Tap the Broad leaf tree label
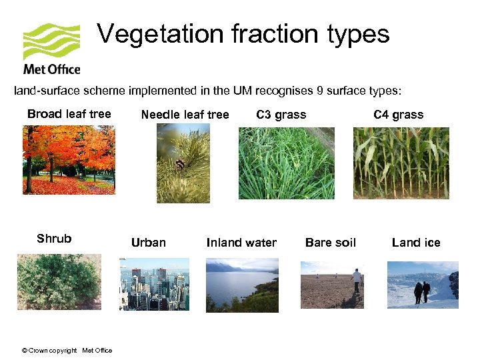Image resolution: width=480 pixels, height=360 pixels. (x=69, y=114)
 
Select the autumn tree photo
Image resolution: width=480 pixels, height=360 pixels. (x=69, y=160)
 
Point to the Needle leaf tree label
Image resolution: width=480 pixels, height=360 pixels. (x=185, y=115)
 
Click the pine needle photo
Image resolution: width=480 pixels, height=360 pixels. (x=183, y=163)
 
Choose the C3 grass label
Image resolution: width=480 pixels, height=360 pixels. (x=281, y=115)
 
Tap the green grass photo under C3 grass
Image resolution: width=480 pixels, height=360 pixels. (x=287, y=163)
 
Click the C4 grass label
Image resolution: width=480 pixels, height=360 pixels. (x=399, y=115)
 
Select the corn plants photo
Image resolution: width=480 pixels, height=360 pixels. (x=401, y=163)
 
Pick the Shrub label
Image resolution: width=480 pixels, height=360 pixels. (x=54, y=239)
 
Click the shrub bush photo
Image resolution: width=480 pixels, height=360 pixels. (x=59, y=281)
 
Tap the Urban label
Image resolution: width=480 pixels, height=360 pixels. (x=149, y=243)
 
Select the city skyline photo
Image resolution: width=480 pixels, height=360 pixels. (x=154, y=285)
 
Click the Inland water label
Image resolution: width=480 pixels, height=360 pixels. (x=241, y=243)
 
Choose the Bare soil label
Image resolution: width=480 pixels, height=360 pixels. (x=331, y=243)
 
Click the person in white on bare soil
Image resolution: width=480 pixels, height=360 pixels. (x=357, y=279)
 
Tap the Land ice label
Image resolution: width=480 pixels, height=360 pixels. (x=416, y=243)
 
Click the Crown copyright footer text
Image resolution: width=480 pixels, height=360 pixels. (x=67, y=351)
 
